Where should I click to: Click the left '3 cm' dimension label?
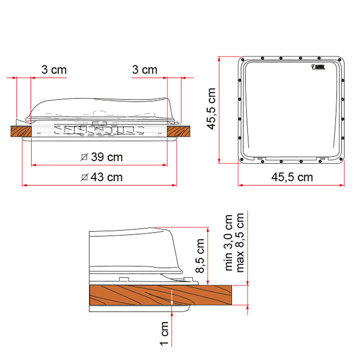(54, 70)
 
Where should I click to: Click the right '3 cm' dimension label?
(144, 70)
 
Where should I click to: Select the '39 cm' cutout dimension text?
(107, 157)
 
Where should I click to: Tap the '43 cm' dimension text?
(107, 177)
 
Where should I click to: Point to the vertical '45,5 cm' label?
(211, 109)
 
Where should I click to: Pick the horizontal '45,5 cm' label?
(292, 177)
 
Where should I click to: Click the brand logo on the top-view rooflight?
(320, 67)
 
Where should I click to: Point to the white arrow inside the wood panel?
(171, 298)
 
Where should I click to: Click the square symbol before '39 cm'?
(84, 157)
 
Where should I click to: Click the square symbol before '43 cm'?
(84, 177)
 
